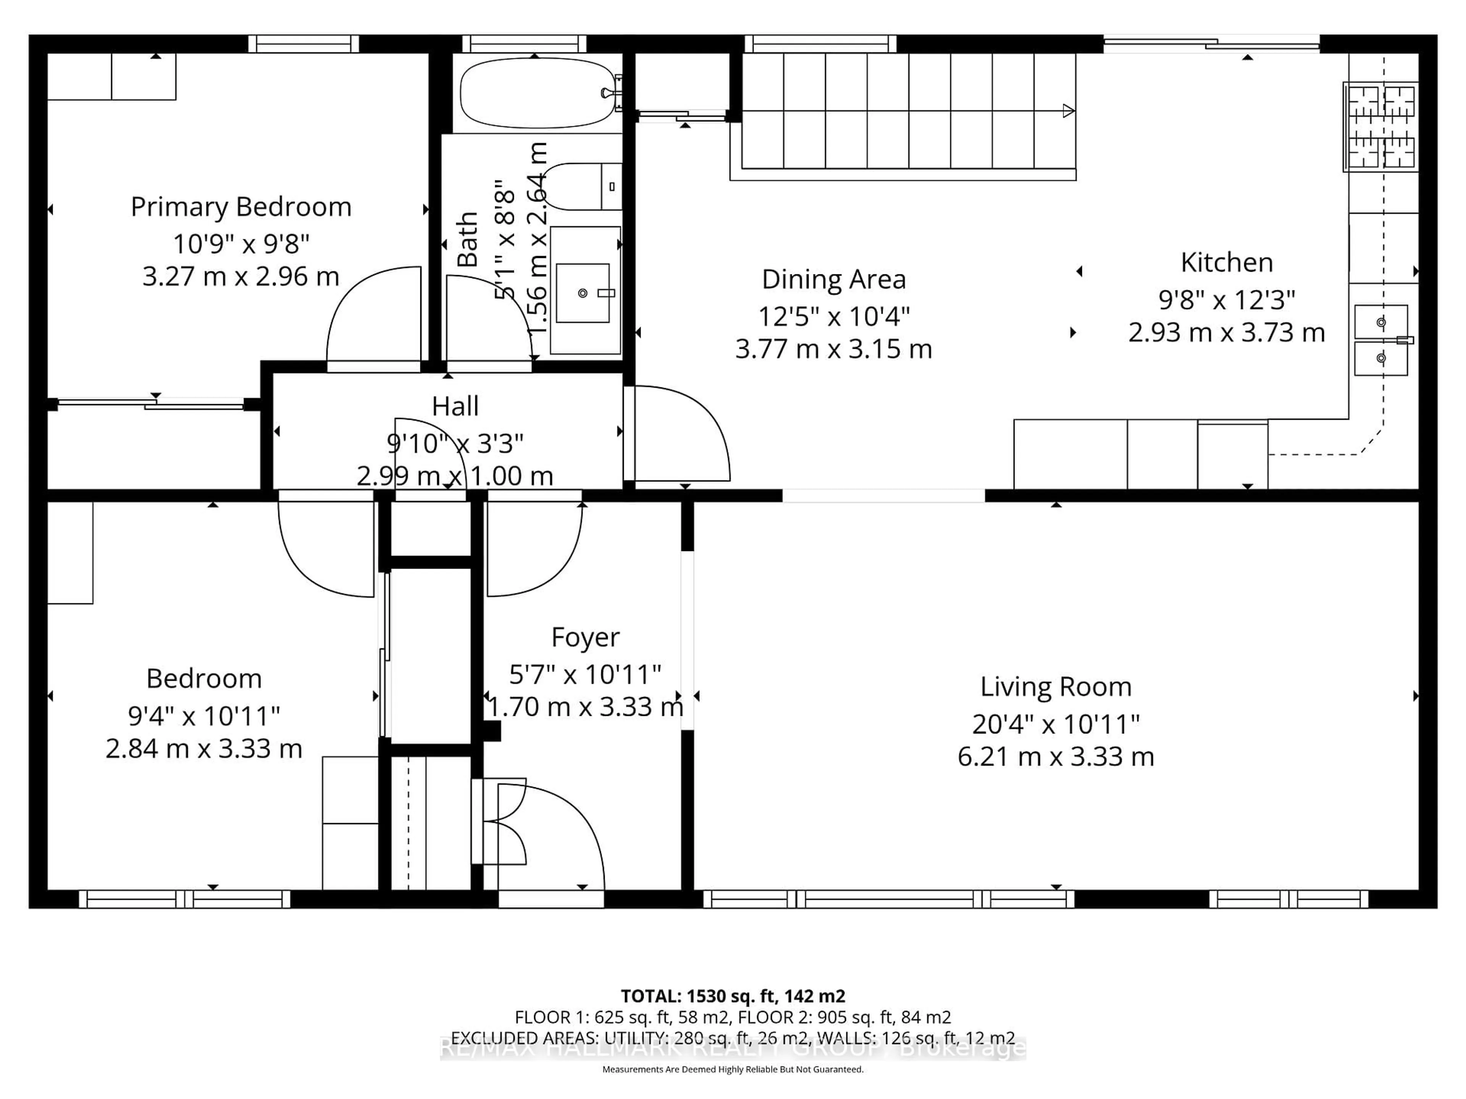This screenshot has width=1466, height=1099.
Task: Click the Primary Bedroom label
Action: (x=241, y=207)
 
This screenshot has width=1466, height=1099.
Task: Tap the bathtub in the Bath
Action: (x=537, y=93)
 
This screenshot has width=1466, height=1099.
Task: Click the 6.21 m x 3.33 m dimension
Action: (x=1055, y=756)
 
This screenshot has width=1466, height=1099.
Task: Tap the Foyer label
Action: (x=585, y=637)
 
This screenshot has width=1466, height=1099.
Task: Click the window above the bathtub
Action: (x=523, y=44)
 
